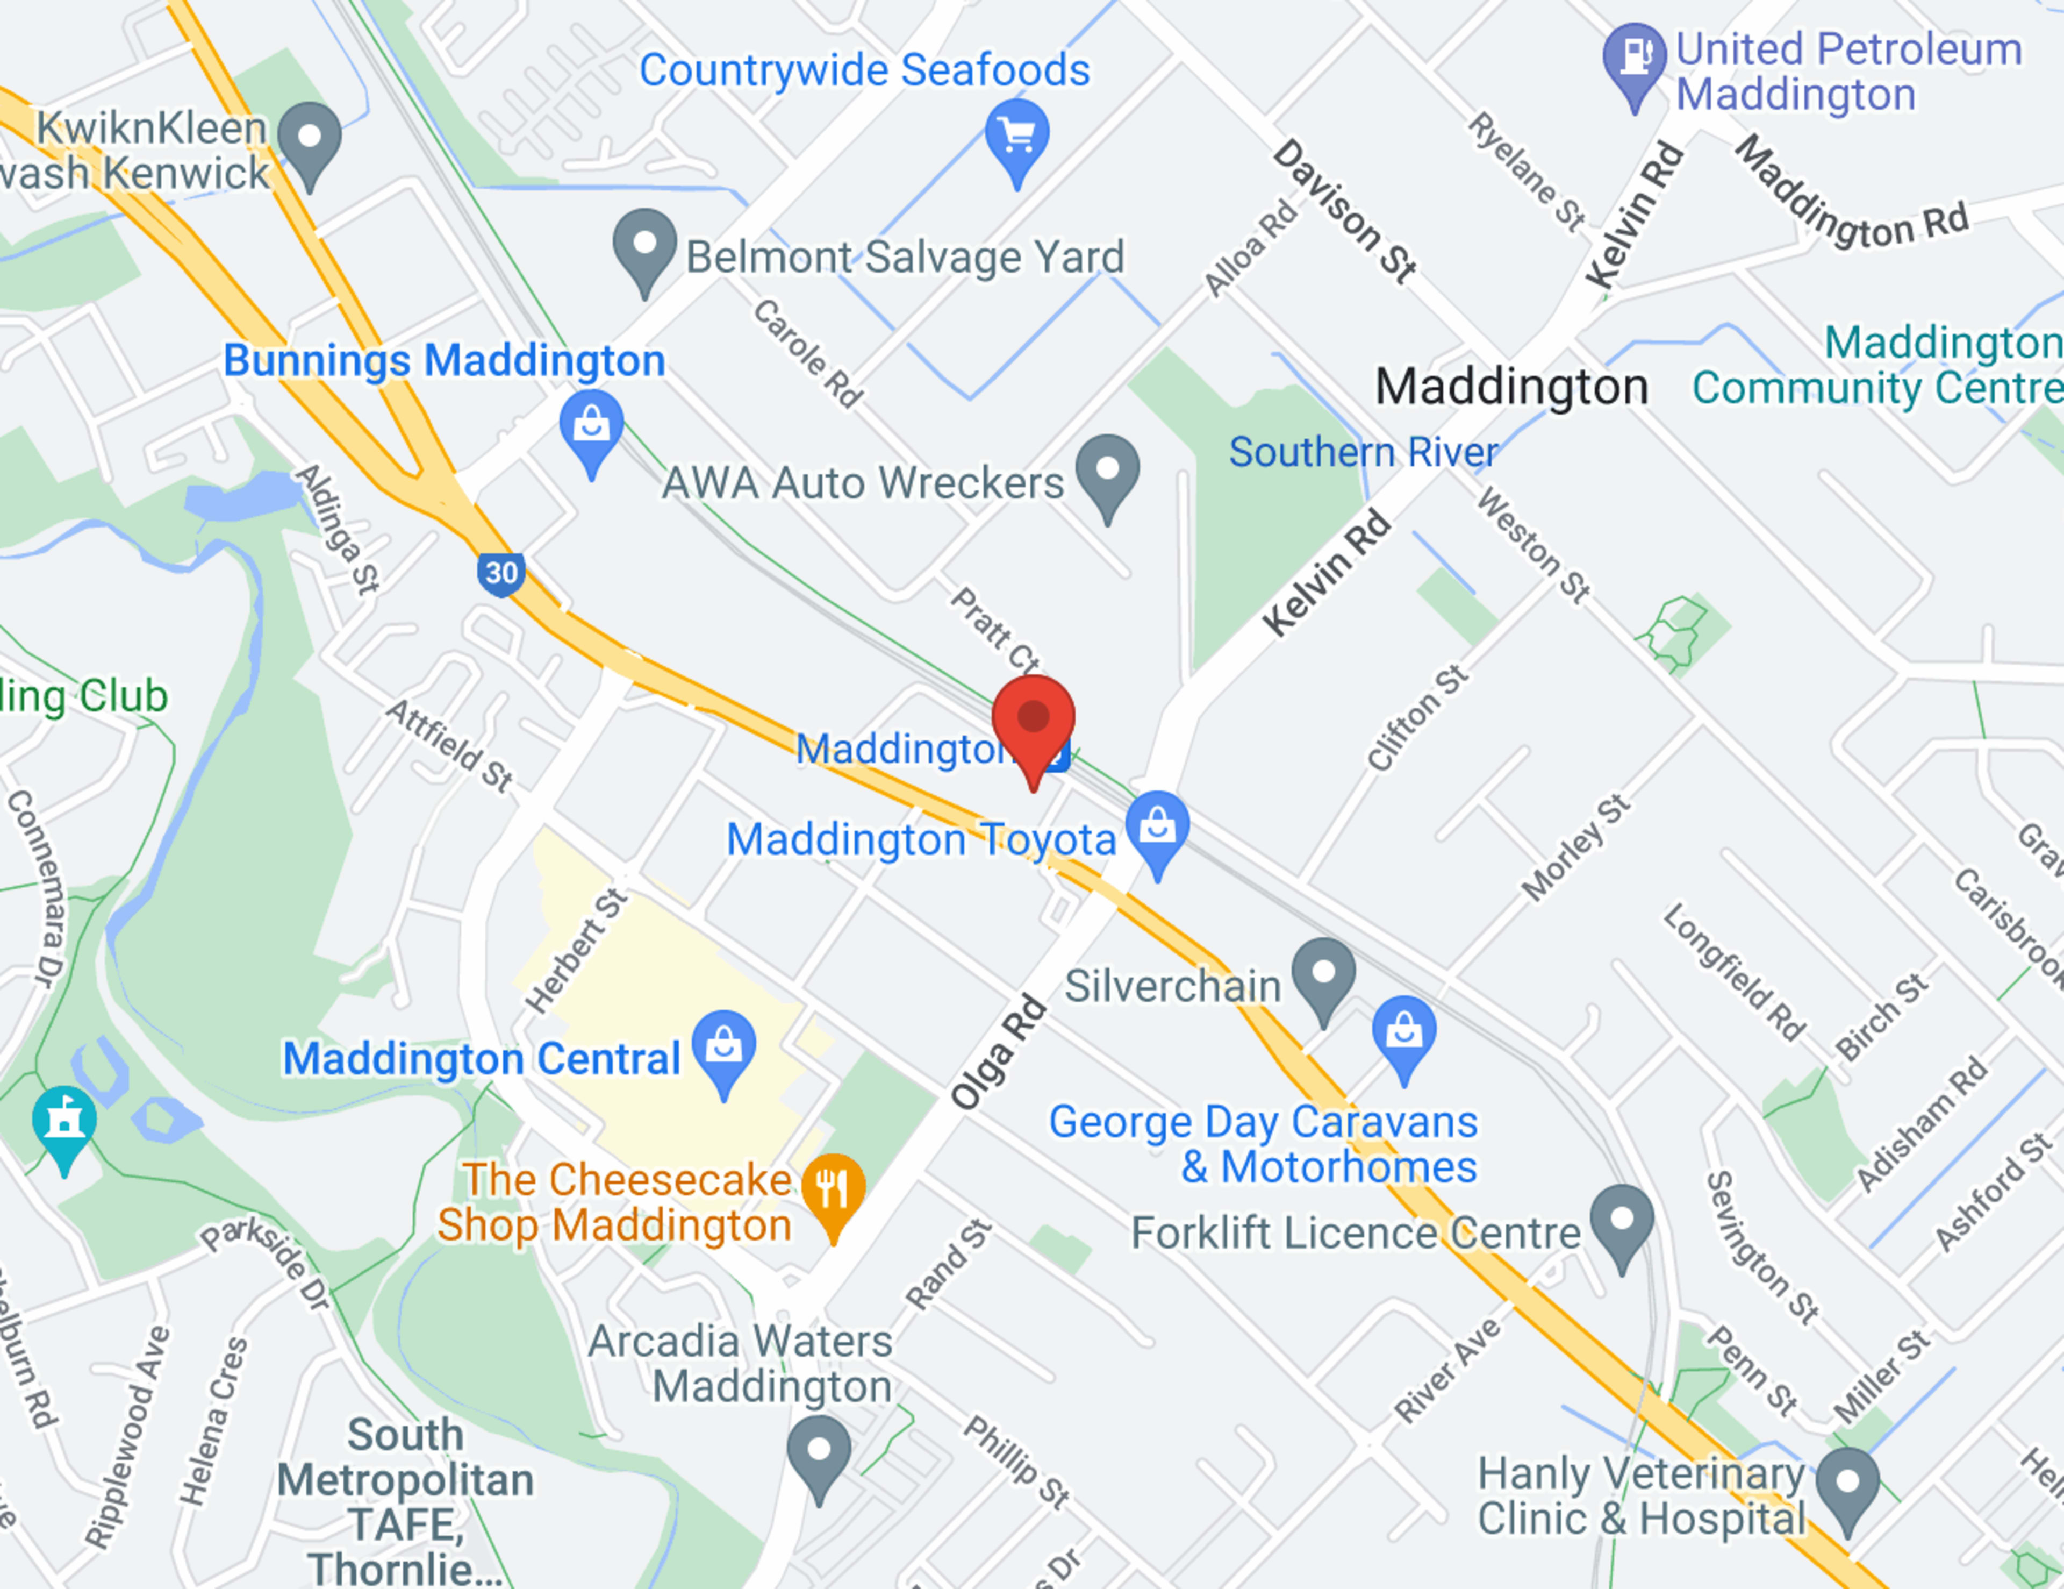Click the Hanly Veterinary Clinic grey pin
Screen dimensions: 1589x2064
[x=1847, y=1484]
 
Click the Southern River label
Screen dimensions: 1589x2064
[x=1363, y=452]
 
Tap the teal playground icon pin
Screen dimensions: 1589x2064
[x=64, y=1123]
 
